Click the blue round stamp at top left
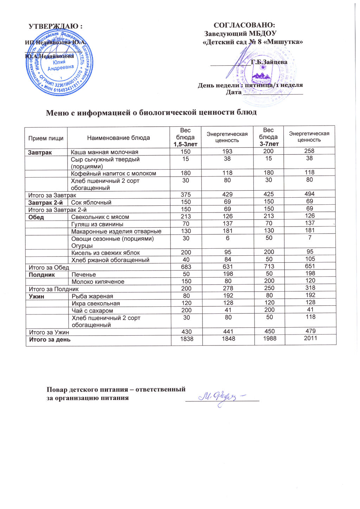pyautogui.click(x=58, y=63)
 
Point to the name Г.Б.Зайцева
pyautogui.click(x=269, y=62)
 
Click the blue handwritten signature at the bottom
pyautogui.click(x=222, y=397)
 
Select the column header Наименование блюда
pyautogui.click(x=118, y=138)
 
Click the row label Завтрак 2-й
pyautogui.click(x=45, y=202)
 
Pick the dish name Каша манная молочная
pyautogui.click(x=104, y=152)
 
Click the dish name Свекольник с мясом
pyautogui.click(x=100, y=217)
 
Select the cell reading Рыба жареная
pyautogui.click(x=92, y=296)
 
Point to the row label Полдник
pyautogui.click(x=42, y=274)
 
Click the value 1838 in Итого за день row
pyautogui.click(x=187, y=339)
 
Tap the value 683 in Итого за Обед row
pyautogui.click(x=186, y=267)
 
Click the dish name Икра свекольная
pyautogui.click(x=96, y=303)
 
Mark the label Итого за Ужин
pyautogui.click(x=49, y=332)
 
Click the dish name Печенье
pyautogui.click(x=84, y=274)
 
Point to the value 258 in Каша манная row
pyautogui.click(x=309, y=151)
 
